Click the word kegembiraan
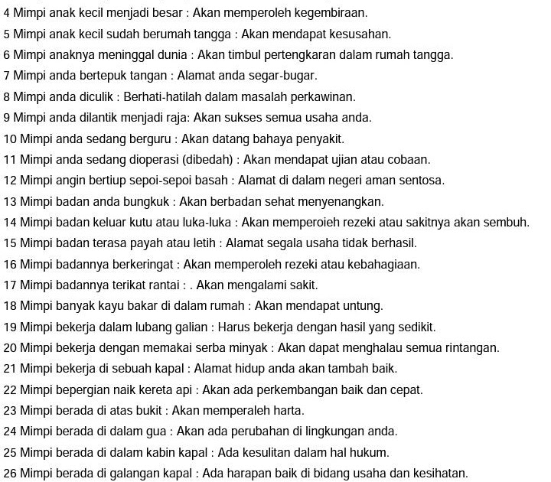(x=332, y=14)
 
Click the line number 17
(x=10, y=285)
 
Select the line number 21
(x=10, y=369)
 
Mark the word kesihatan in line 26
(x=440, y=474)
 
